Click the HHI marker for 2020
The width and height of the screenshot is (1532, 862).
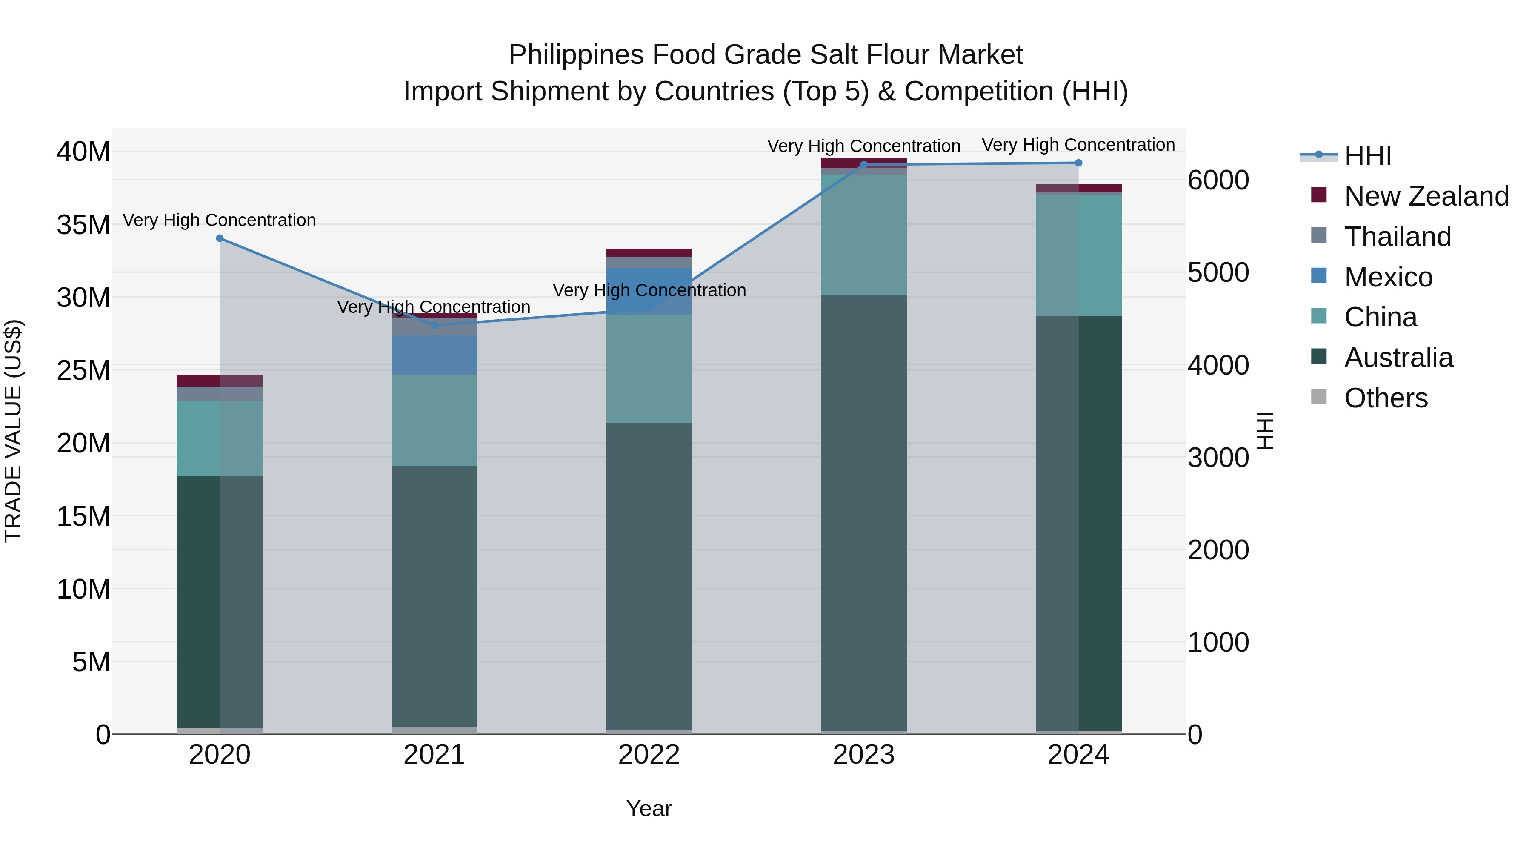(220, 238)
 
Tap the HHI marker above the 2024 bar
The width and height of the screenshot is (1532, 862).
(1078, 163)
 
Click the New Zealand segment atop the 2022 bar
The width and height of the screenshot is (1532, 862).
(649, 253)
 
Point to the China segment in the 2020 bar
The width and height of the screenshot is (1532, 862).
(220, 438)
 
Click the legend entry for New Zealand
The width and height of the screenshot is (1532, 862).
(1426, 196)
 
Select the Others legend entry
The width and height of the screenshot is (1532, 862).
(1385, 398)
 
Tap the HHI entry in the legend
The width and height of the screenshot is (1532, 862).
(1367, 156)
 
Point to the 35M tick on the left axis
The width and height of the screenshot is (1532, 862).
(83, 225)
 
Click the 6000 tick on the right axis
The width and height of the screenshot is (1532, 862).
(1218, 180)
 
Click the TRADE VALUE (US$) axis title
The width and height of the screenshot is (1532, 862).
(13, 431)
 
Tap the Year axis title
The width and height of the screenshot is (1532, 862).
(649, 808)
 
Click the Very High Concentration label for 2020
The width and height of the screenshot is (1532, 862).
(220, 220)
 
